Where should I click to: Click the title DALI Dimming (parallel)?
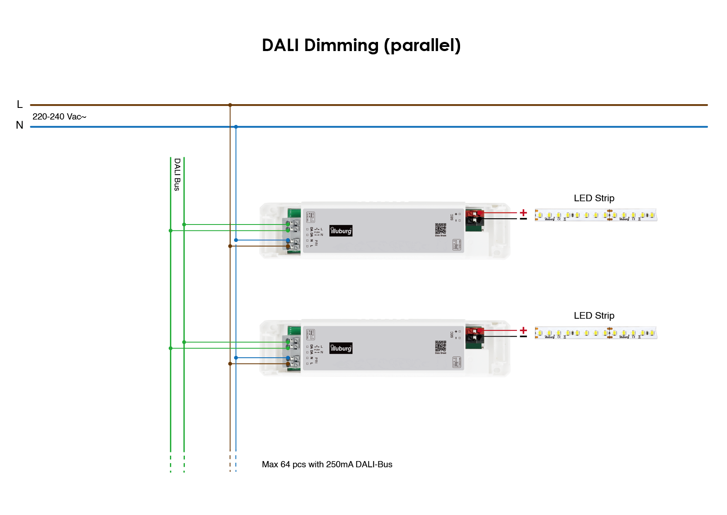tap(361, 45)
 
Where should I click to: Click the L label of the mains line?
tap(19, 105)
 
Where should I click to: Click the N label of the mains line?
tap(19, 125)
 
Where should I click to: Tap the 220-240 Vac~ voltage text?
tap(59, 117)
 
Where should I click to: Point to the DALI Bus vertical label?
tap(177, 174)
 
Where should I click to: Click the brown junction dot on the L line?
tap(230, 105)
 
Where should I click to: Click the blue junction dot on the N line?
tap(236, 127)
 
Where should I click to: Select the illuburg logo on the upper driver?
tap(341, 231)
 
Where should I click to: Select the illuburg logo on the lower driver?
tap(341, 348)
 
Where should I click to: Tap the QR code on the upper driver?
tap(441, 229)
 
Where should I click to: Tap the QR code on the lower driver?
tap(441, 346)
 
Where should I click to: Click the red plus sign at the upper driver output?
tap(523, 212)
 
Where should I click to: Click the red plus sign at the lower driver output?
tap(523, 330)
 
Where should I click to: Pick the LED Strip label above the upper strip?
tap(594, 198)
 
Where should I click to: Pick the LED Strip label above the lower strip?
tap(594, 316)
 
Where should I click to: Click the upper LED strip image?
tap(596, 215)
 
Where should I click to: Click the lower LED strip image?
tap(596, 332)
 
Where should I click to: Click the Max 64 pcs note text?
tap(327, 464)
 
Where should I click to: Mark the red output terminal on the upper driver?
tap(474, 213)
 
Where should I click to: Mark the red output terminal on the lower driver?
tap(474, 331)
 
